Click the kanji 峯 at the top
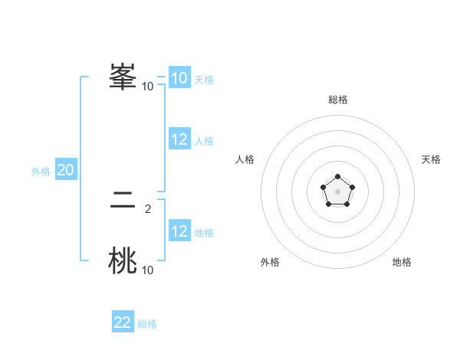123,77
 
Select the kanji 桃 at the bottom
123,261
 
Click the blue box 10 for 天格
179,78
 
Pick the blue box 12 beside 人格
179,139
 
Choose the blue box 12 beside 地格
179,231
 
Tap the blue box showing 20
65,170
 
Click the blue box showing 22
123,322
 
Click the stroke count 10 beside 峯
147,86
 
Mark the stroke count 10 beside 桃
147,270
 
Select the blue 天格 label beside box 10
204,80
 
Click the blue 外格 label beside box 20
41,172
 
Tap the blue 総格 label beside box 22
147,324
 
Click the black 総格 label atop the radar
338,100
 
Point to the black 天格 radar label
431,159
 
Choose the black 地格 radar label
402,262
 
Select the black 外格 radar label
270,262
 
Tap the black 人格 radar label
245,159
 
